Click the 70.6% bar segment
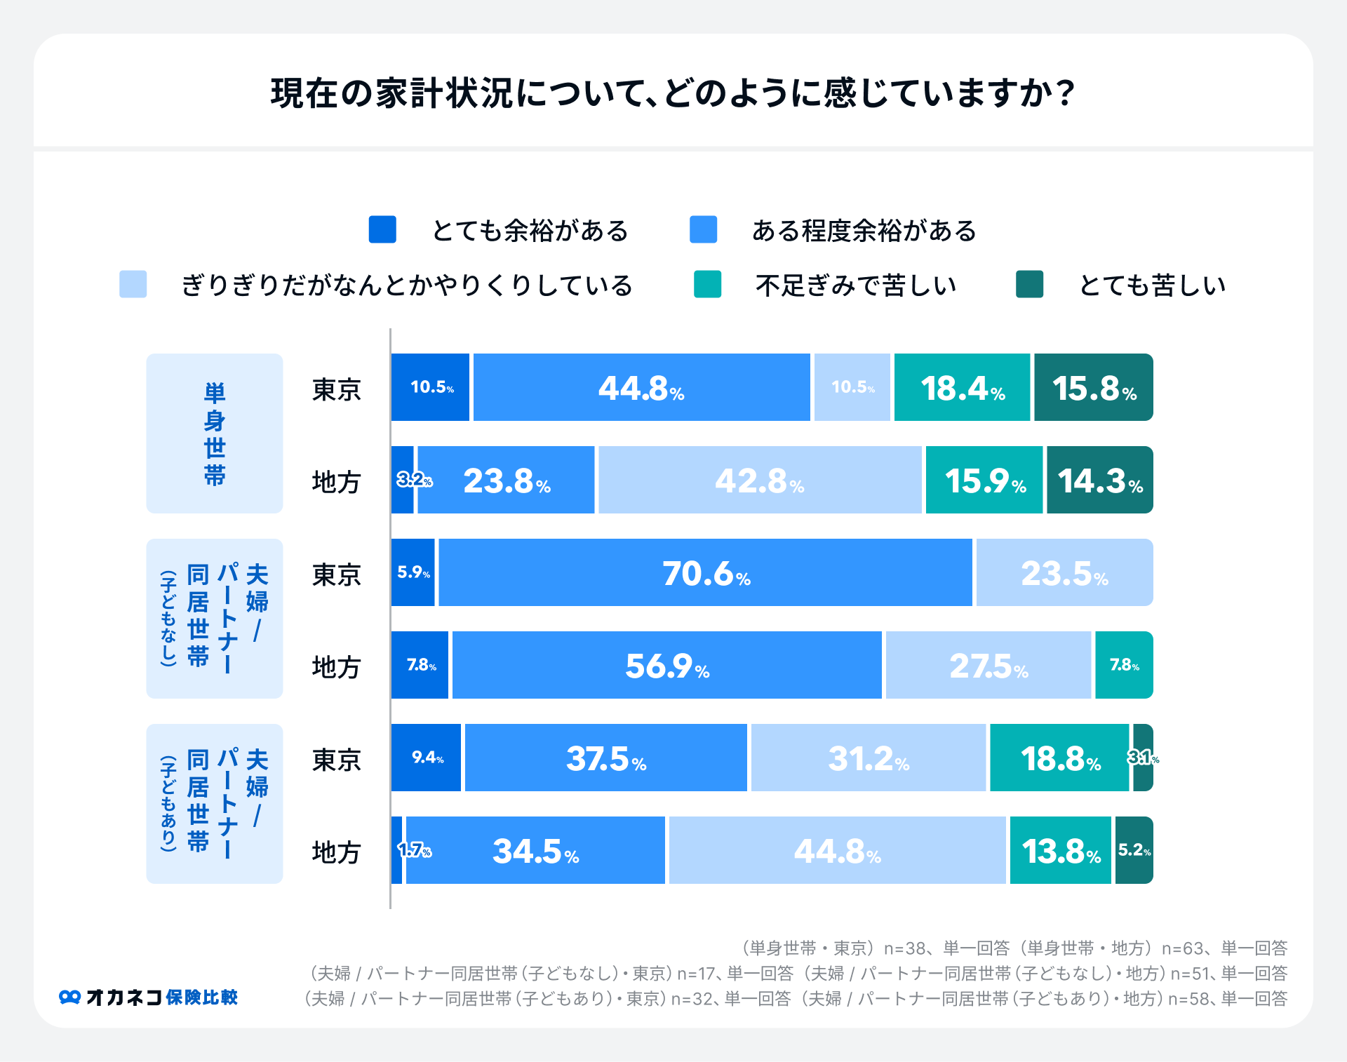705,572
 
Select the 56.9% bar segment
666,665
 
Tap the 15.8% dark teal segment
1093,387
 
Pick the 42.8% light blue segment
760,480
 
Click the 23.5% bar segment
1064,572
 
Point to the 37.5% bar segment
605,758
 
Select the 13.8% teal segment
1060,850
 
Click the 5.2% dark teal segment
1134,850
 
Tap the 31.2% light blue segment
868,758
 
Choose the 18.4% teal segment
962,387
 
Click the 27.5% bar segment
988,665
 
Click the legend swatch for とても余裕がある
382,229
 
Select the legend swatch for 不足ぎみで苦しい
707,284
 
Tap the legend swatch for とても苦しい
1029,284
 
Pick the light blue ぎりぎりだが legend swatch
133,284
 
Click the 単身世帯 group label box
214,433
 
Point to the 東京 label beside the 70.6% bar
336,574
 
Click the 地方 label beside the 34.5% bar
336,852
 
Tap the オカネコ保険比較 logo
148,997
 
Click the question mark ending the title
1066,93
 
